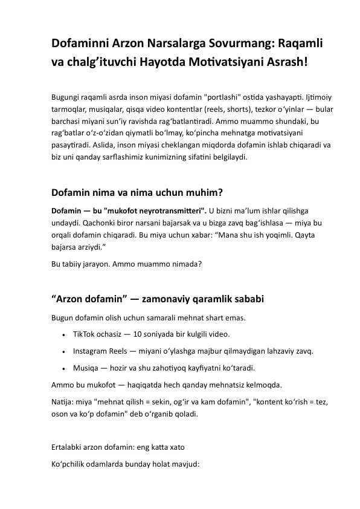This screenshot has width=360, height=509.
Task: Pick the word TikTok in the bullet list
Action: tap(85, 334)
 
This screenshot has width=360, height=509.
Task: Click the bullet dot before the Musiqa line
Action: tap(63, 368)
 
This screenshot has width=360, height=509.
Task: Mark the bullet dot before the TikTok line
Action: tap(63, 334)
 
